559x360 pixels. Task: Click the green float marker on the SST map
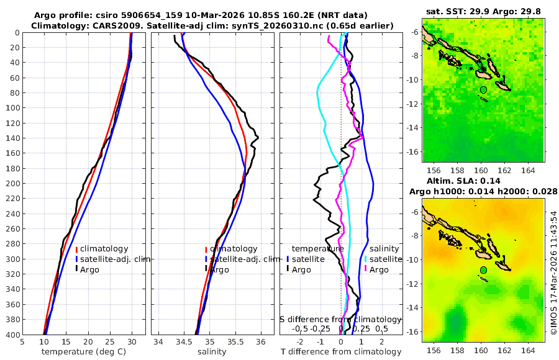coord(483,90)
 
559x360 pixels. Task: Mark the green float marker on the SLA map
coord(483,270)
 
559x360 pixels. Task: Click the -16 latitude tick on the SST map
coord(414,151)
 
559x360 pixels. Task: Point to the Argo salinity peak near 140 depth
coord(257,137)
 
